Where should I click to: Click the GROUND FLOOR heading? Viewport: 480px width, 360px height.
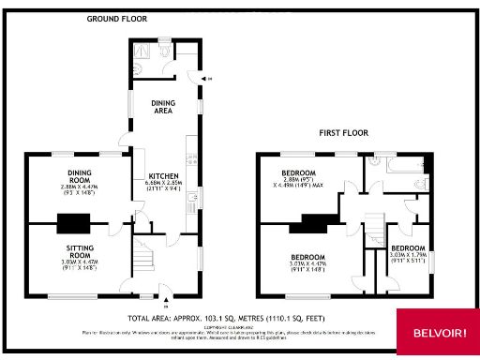click(117, 19)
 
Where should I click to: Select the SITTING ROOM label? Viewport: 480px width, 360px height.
click(77, 252)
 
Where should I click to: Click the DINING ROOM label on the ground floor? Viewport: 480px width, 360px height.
click(78, 175)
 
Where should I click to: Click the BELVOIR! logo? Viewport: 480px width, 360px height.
click(438, 334)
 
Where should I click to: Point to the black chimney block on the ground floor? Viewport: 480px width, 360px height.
click(73, 223)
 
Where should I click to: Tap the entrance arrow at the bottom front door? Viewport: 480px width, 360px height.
click(166, 303)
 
